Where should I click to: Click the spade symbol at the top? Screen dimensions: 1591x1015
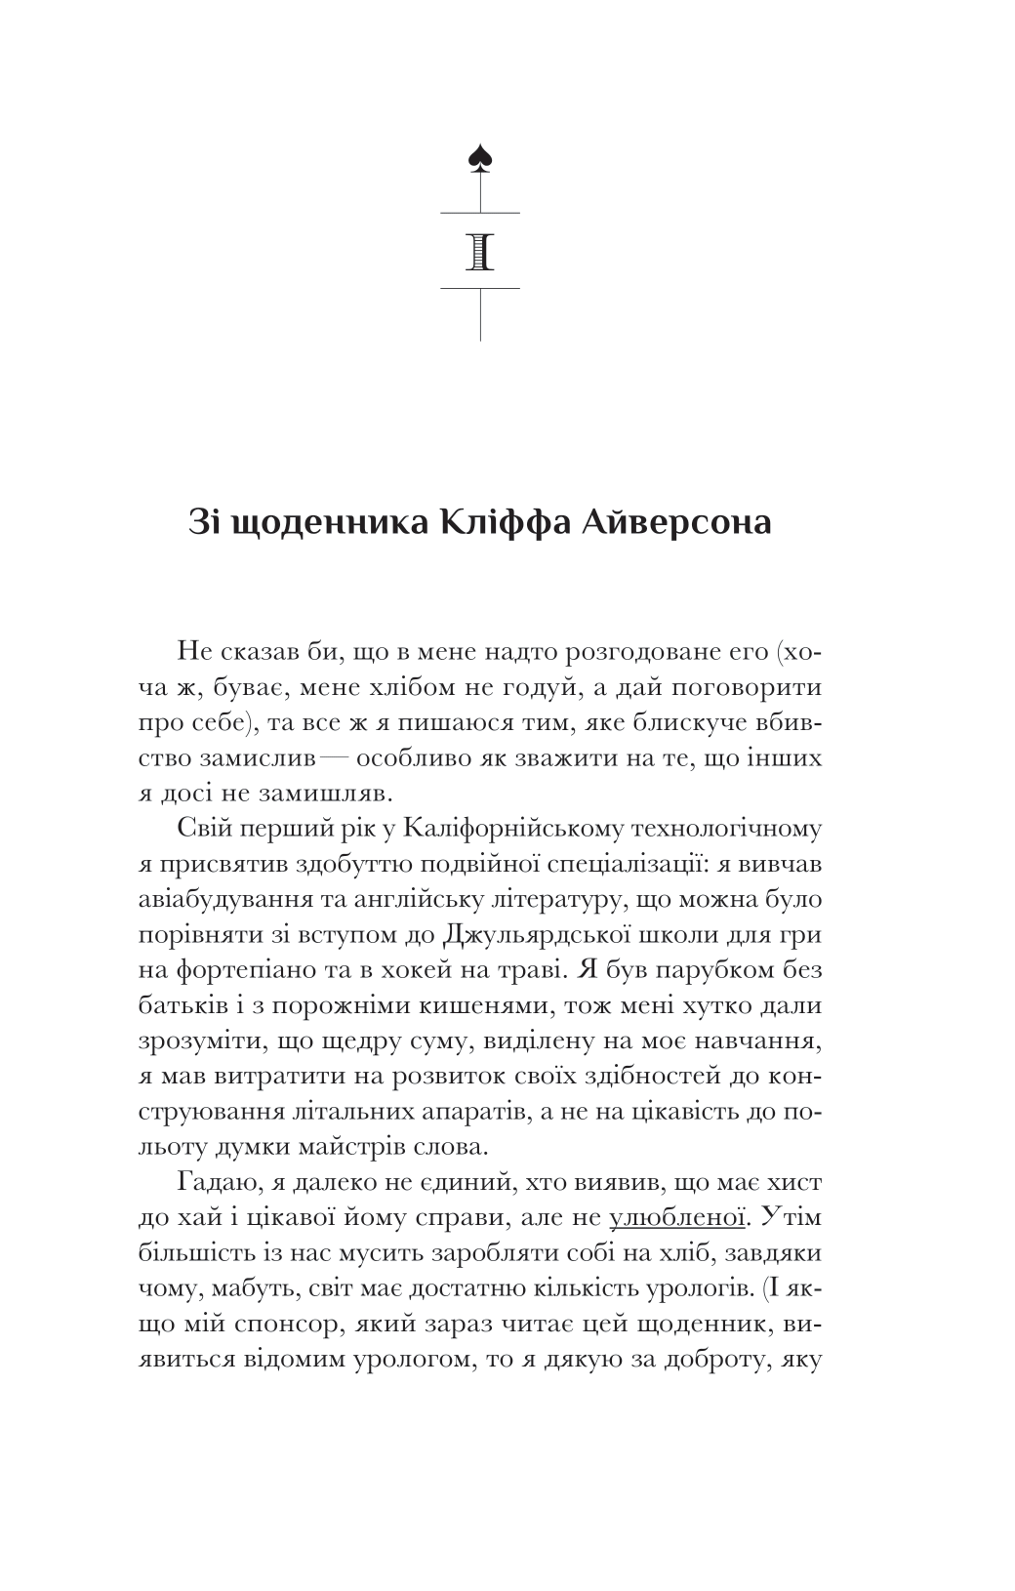tap(479, 156)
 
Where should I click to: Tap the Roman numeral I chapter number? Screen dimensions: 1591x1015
tap(480, 251)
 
